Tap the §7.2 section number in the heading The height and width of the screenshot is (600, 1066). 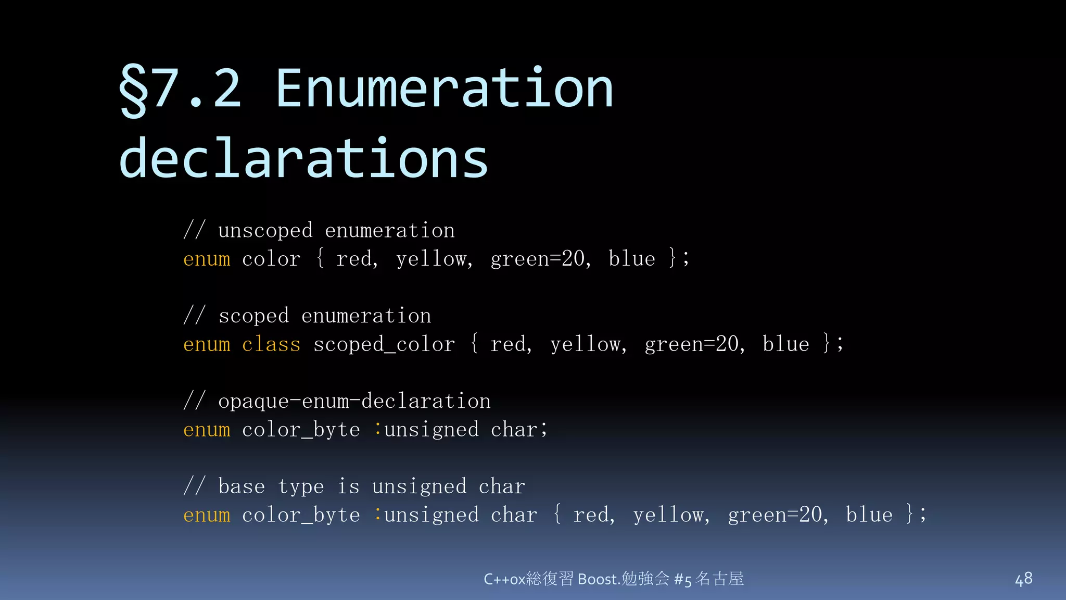point(180,89)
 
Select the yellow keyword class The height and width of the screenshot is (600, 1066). point(271,344)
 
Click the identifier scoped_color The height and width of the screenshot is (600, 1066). point(384,344)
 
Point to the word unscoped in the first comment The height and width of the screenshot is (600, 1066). point(265,230)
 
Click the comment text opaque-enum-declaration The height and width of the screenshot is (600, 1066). point(354,401)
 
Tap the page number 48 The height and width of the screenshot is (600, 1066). point(1023,579)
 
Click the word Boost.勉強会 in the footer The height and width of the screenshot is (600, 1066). point(624,579)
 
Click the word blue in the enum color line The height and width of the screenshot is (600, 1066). point(632,259)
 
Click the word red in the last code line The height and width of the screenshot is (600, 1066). point(593,515)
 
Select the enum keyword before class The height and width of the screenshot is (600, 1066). point(207,344)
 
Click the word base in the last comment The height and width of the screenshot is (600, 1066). point(242,486)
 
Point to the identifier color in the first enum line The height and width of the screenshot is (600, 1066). point(271,259)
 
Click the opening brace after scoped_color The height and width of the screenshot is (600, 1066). point(474,344)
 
